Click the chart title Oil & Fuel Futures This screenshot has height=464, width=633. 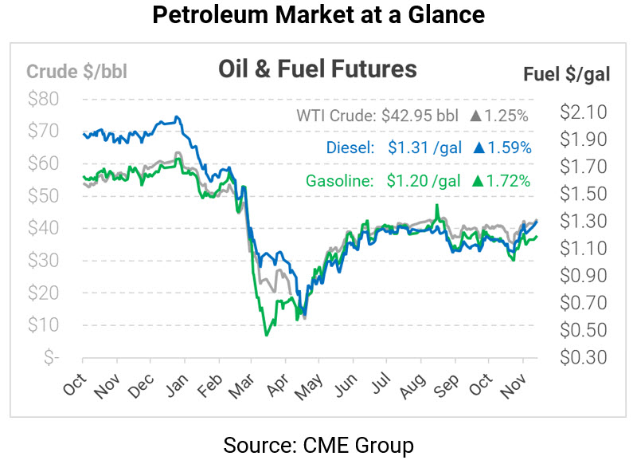(317, 69)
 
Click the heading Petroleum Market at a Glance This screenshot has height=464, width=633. (316, 15)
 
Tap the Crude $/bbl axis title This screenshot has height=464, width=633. (76, 71)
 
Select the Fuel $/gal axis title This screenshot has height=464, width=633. (566, 75)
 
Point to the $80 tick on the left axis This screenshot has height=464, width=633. (43, 99)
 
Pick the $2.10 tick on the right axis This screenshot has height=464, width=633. (583, 112)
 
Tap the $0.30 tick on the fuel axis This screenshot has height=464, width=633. (583, 356)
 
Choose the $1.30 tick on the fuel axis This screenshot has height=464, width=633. (583, 221)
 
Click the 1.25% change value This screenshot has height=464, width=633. (507, 116)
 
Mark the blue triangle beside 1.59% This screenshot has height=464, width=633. (479, 147)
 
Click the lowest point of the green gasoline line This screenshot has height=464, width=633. (266, 334)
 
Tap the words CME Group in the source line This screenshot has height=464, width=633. (368, 443)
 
